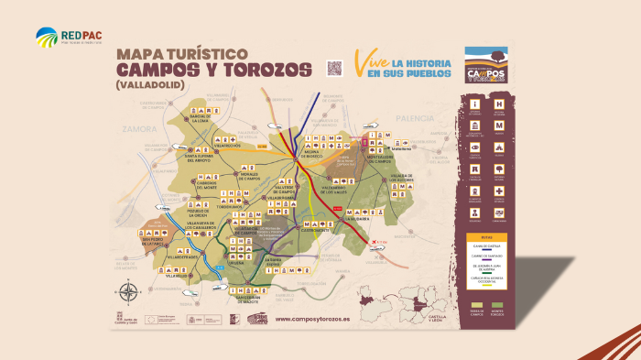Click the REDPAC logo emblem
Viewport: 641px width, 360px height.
46,37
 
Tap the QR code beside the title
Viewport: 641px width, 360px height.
334,68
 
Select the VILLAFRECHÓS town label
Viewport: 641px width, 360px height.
225,145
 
